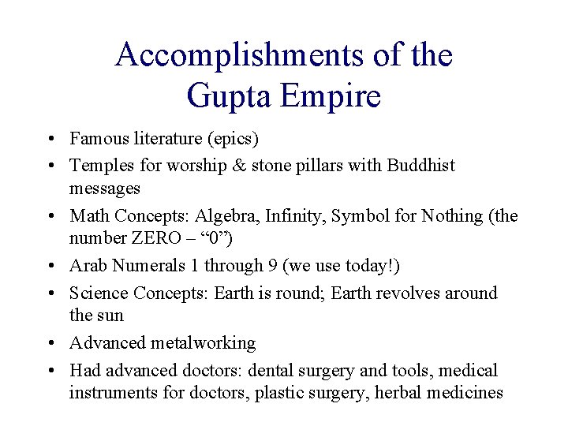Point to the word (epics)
click(232, 139)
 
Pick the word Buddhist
click(421, 165)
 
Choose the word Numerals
click(138, 267)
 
